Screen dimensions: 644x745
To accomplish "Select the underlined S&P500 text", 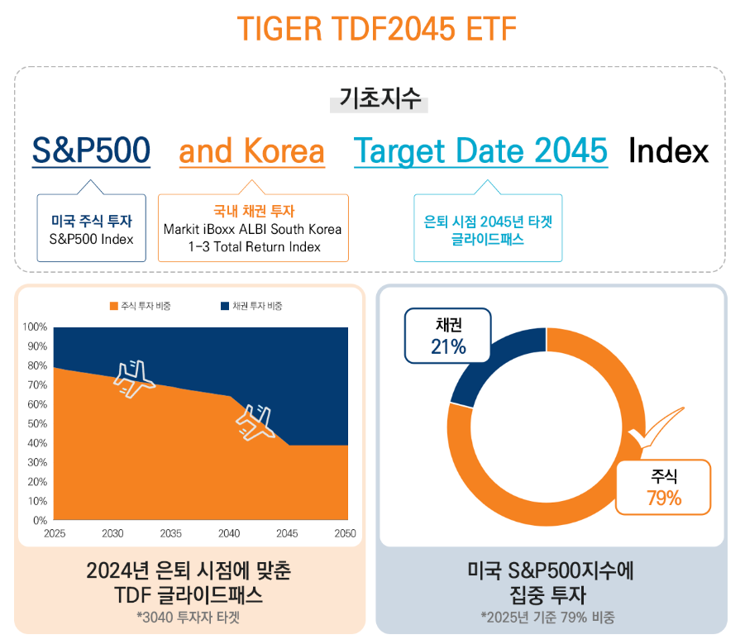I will (91, 151).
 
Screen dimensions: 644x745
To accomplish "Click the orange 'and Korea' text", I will (251, 151).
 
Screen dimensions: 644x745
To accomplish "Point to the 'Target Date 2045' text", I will (480, 151).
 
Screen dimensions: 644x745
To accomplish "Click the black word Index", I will (668, 151).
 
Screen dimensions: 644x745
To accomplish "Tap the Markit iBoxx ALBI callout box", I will (252, 229).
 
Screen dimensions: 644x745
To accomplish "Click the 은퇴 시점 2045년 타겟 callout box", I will (488, 229).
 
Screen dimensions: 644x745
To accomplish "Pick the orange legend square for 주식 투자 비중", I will (113, 306).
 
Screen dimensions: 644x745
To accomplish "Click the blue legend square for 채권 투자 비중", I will (225, 306).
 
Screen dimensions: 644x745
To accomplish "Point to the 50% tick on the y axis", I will (35, 424).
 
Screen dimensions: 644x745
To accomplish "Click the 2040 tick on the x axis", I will (229, 534).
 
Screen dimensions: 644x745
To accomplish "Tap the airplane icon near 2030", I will (134, 379).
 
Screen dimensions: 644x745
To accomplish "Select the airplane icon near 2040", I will (257, 422).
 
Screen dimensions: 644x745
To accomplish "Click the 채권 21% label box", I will (447, 336).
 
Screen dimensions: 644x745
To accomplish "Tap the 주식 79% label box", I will (664, 487).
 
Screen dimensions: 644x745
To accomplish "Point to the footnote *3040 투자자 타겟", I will (189, 616).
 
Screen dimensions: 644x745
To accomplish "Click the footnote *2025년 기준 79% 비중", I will (550, 617).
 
